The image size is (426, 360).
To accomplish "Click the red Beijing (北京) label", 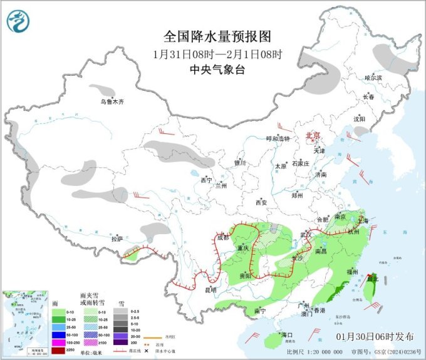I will tap(312, 135).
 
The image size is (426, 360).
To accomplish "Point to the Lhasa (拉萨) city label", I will tap(117, 239).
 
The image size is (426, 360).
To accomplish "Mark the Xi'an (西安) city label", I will tap(261, 202).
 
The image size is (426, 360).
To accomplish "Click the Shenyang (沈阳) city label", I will tap(358, 118).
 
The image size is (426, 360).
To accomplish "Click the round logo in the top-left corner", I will tap(19, 23).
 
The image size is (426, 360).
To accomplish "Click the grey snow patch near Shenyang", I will tap(361, 131).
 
